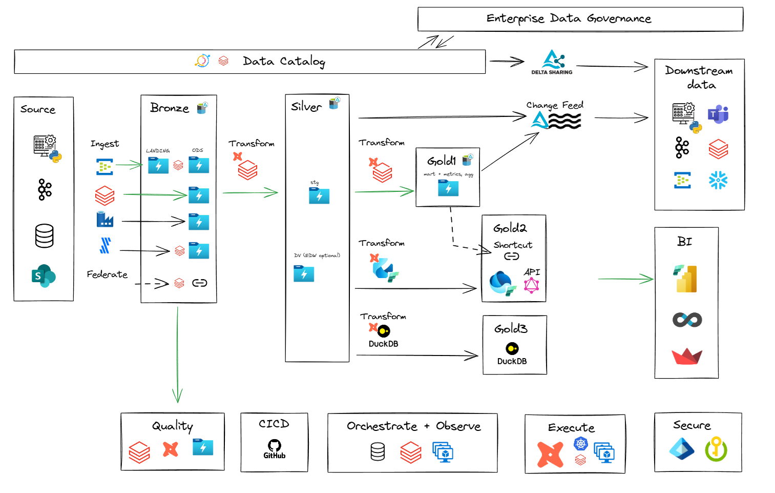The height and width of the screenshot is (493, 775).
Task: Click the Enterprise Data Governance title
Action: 569,18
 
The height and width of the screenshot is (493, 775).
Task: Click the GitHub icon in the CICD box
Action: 275,448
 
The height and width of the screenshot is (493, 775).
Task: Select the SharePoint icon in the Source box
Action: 44,276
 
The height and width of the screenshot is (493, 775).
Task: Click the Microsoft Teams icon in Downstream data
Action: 718,114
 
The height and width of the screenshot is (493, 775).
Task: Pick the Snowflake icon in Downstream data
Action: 718,180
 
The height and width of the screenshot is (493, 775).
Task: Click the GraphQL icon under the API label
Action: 532,285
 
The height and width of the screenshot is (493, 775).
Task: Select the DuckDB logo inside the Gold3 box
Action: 512,349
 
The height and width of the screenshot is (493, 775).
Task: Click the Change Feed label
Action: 555,105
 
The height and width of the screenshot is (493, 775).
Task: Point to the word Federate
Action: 107,274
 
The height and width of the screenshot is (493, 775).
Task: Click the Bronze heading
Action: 170,108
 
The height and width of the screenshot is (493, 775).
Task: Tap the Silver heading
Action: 306,107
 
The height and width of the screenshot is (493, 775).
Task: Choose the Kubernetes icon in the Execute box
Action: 580,443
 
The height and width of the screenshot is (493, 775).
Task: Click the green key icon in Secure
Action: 716,449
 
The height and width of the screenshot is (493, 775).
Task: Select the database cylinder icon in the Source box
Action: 45,236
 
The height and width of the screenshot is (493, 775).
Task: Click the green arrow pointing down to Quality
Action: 177,359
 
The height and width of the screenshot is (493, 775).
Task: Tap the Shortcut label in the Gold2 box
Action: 513,245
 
